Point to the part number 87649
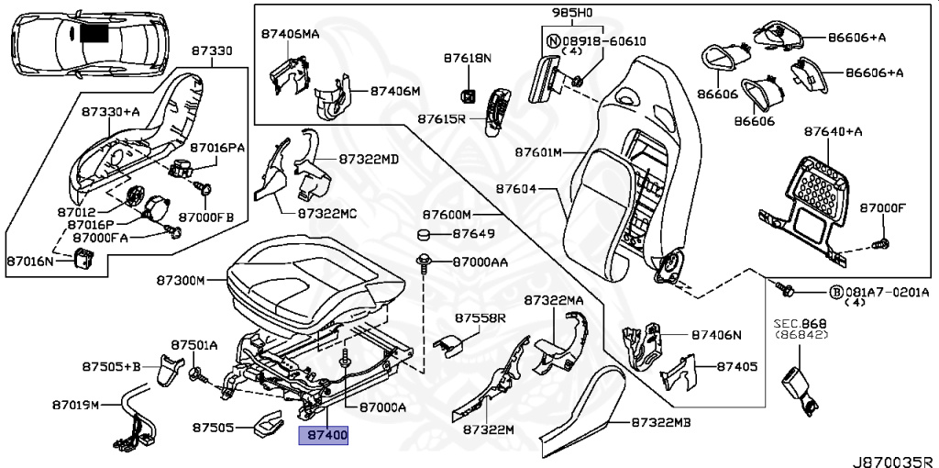(x=474, y=234)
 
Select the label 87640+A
(x=834, y=131)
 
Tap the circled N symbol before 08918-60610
(x=553, y=41)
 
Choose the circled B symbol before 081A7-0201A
(x=835, y=292)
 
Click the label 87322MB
(x=660, y=423)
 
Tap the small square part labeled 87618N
(x=468, y=95)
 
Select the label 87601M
(x=537, y=151)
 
